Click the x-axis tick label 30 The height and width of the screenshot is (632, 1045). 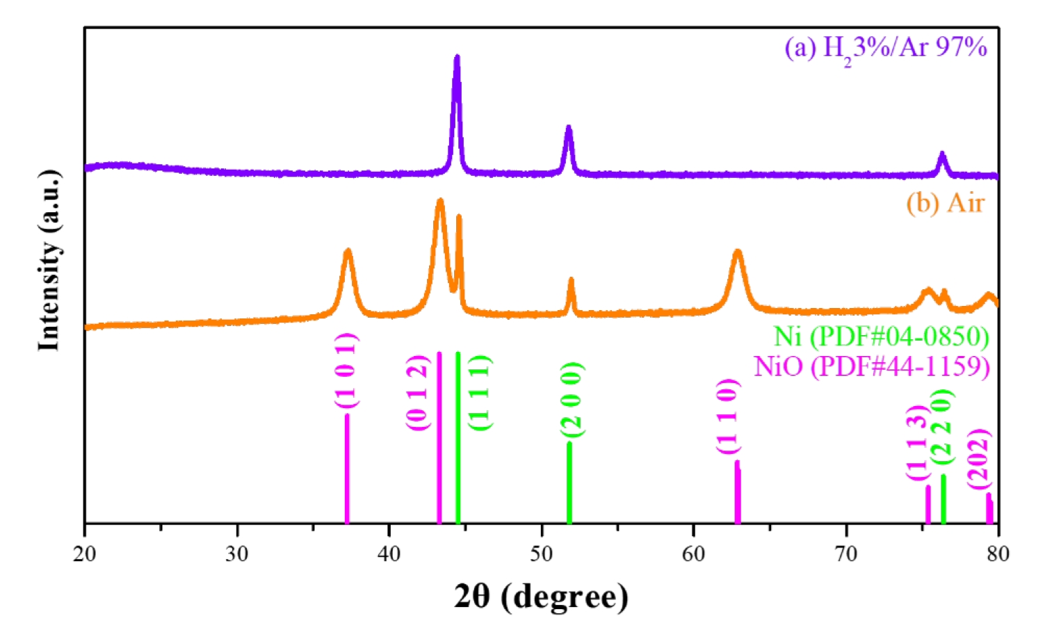pos(237,554)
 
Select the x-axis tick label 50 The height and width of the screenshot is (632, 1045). pos(542,554)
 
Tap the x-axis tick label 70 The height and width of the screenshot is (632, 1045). pos(846,554)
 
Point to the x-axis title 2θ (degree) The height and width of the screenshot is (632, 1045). pos(541,596)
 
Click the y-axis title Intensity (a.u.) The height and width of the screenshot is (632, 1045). pos(49,259)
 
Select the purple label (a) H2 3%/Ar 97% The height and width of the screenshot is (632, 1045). pos(886,49)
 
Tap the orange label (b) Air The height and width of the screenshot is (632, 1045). pos(945,203)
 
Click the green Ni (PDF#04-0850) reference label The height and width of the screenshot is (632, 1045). pos(882,337)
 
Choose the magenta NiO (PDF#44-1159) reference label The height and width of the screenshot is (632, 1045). pos(872,366)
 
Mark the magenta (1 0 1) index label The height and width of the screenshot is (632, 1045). pos(346,371)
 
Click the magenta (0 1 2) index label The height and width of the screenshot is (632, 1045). pos(417,393)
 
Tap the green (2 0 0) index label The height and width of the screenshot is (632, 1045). pos(572,400)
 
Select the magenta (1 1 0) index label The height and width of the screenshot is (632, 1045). pos(727,416)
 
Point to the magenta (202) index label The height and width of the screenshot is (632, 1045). pos(978,458)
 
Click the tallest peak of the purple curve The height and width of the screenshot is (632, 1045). pos(457,57)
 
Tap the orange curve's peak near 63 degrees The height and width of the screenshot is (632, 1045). pos(738,252)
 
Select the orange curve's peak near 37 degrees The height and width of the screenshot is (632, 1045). pos(348,250)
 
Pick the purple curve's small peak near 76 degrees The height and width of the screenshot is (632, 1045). pos(942,154)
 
